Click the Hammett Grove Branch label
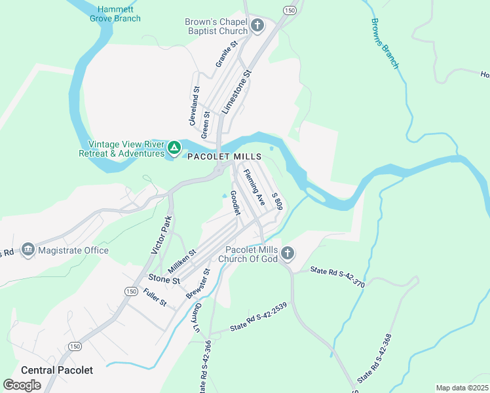point(115,14)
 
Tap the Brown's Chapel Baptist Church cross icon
point(257,27)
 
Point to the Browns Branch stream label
point(385,43)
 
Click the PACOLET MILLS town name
point(224,157)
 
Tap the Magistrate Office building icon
point(28,250)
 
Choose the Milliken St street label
point(181,262)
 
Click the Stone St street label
point(164,280)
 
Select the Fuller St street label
point(156,299)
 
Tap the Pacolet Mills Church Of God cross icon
point(287,253)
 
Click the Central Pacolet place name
point(57,370)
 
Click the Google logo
point(22,385)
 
